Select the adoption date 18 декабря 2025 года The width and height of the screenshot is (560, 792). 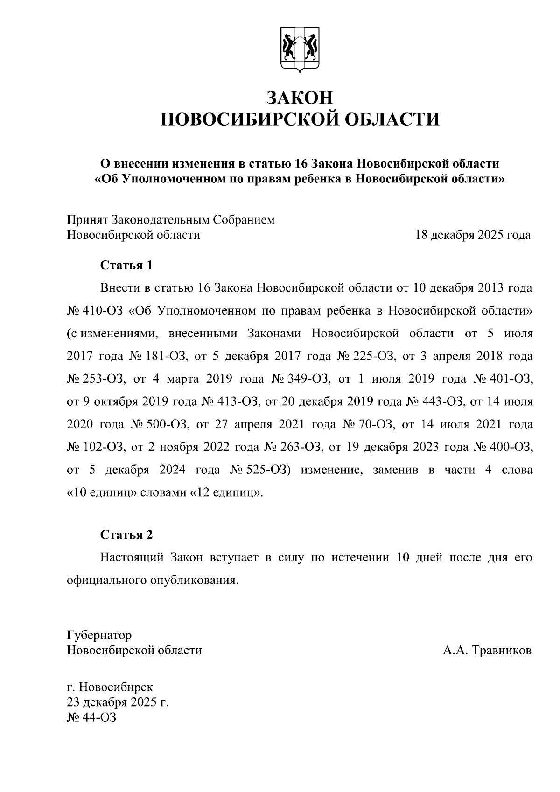473,235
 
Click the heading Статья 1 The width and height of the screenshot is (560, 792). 126,266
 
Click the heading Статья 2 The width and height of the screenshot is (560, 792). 126,535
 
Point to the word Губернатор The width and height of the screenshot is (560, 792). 99,635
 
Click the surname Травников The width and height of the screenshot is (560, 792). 502,650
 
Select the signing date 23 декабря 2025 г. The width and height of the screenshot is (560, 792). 118,702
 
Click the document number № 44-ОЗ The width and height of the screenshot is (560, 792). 91,717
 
